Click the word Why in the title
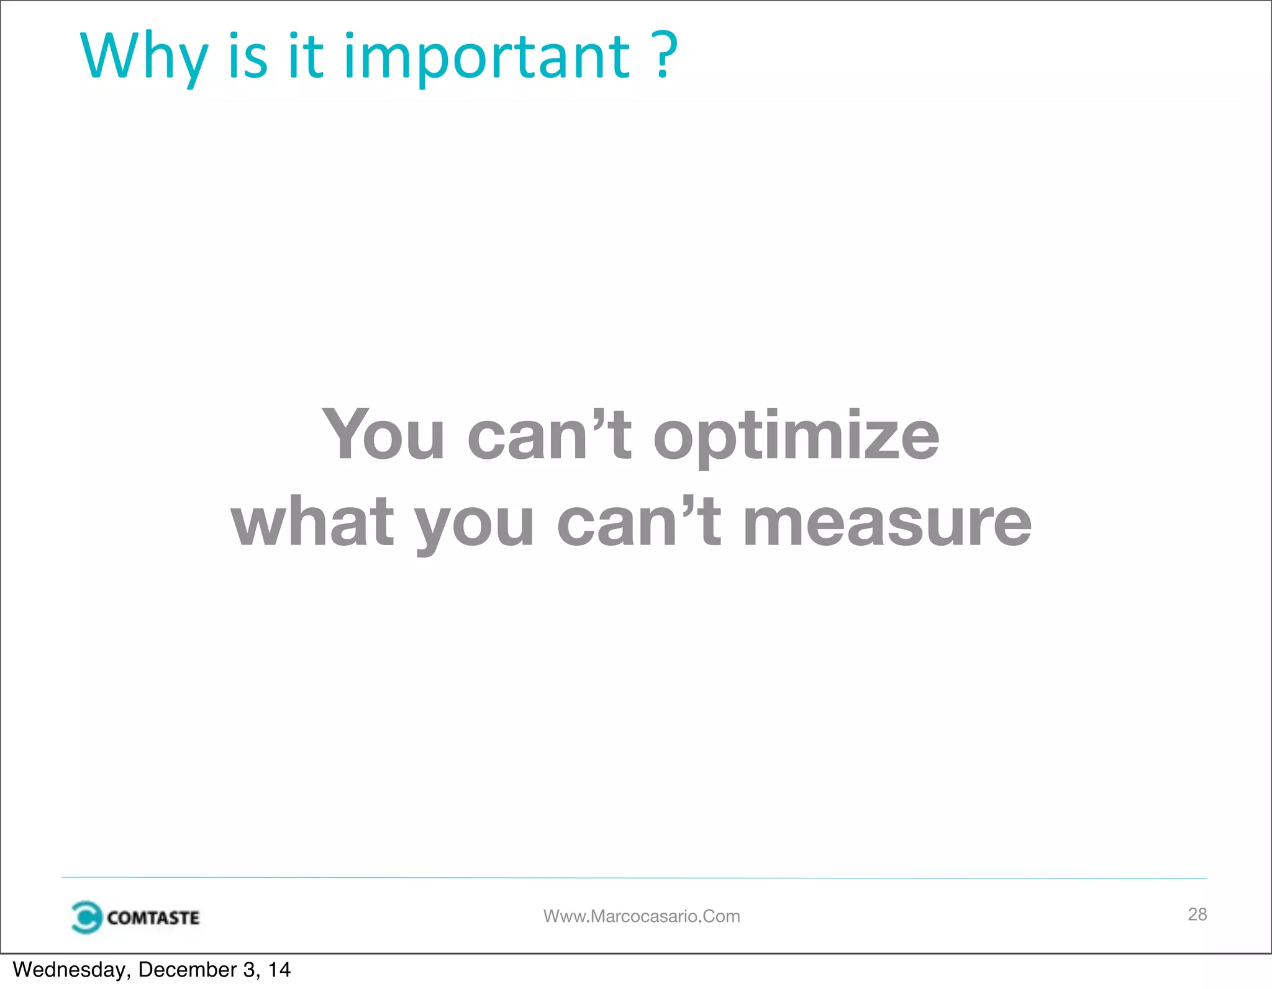point(143,57)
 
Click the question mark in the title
point(665,56)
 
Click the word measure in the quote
point(887,523)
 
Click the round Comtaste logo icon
point(86,917)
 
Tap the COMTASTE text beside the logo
point(153,918)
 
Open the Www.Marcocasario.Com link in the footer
point(642,916)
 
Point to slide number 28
point(1197,914)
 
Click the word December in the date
point(188,970)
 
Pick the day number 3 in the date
point(249,970)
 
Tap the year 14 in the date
point(279,970)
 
